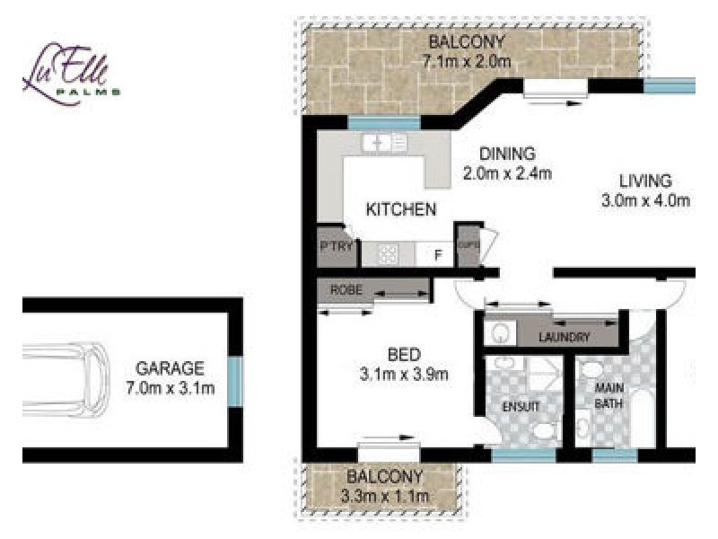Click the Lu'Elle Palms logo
71,73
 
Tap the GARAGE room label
171,368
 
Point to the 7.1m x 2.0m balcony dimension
467,62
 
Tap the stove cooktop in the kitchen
387,254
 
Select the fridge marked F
438,254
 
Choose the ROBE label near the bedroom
346,290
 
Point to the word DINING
506,154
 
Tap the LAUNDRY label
564,338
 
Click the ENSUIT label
521,406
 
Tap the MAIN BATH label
610,396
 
